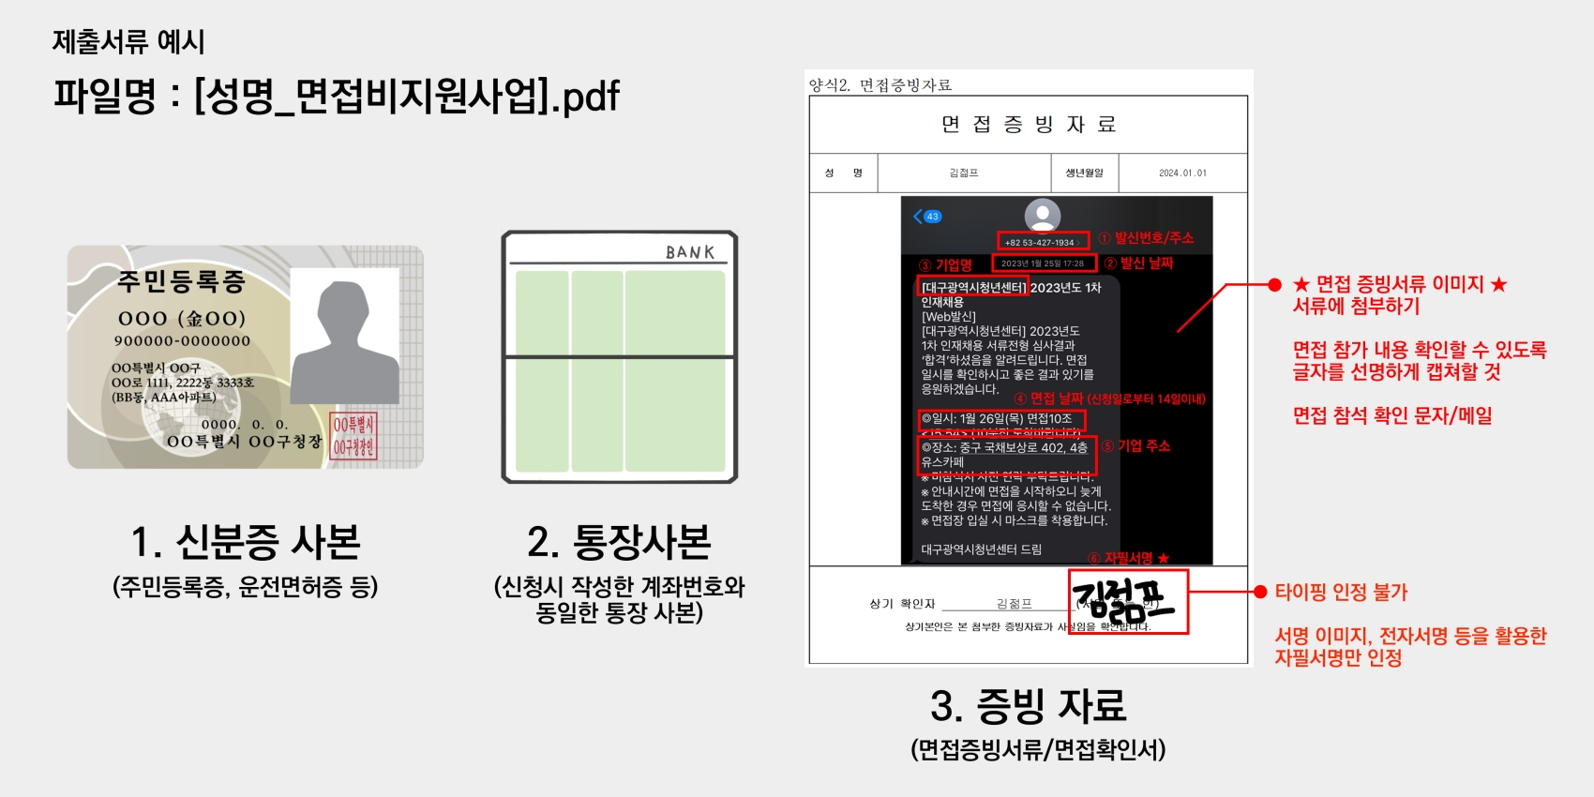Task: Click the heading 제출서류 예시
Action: click(x=128, y=41)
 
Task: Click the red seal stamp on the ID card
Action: click(x=353, y=437)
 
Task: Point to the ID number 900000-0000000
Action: click(x=182, y=341)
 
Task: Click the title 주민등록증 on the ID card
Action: click(x=181, y=281)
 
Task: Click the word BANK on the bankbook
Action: click(x=690, y=252)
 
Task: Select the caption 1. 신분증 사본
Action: click(x=246, y=542)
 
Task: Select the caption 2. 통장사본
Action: click(x=619, y=542)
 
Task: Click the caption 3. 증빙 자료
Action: click(x=1029, y=706)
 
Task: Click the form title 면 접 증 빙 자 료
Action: click(x=1029, y=125)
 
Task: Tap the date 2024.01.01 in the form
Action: click(x=1182, y=173)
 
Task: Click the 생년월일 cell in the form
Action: click(x=1084, y=173)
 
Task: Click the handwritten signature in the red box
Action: click(x=1125, y=602)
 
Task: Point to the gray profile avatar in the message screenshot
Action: click(x=1042, y=215)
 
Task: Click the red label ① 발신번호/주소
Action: click(x=1146, y=238)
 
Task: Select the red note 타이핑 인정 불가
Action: click(x=1341, y=593)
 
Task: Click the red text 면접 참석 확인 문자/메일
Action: click(x=1392, y=416)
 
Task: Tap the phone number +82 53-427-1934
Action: click(x=1040, y=242)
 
